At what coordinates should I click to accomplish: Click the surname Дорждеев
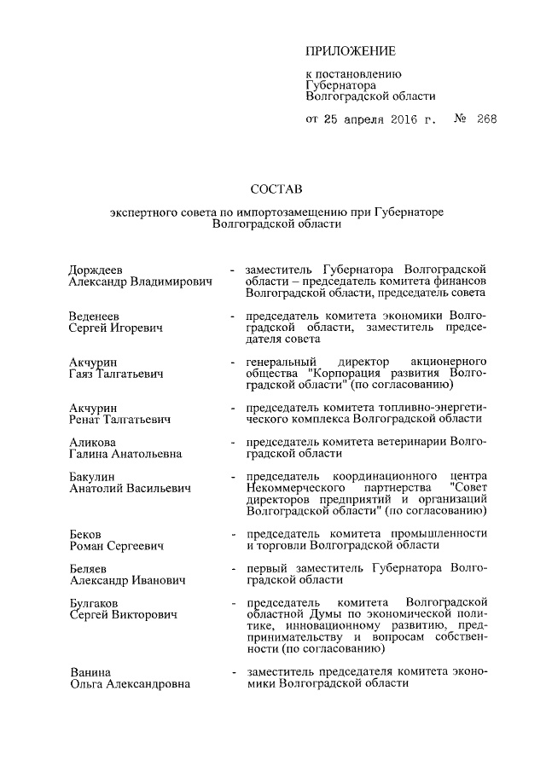coord(99,269)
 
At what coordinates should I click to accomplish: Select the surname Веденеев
coord(96,315)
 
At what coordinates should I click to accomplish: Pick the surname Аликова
coord(92,443)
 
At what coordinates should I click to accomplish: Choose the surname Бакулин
coord(92,475)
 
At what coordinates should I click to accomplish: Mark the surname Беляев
coord(90,568)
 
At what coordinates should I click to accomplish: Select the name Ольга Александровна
coord(130,684)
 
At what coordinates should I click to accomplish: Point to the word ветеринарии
coord(409,443)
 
